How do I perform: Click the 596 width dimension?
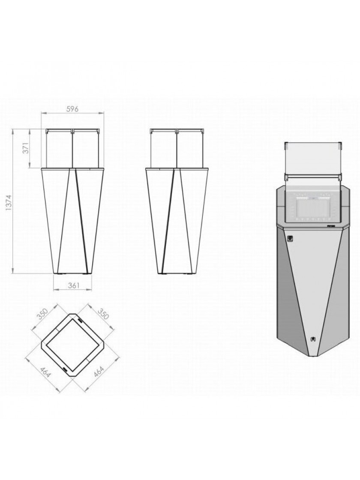click(73, 109)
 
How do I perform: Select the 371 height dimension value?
click(26, 148)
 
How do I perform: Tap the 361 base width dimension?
click(73, 285)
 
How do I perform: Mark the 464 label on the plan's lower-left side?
click(45, 372)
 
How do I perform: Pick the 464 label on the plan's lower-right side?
click(99, 372)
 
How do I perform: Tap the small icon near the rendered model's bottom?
click(313, 339)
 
